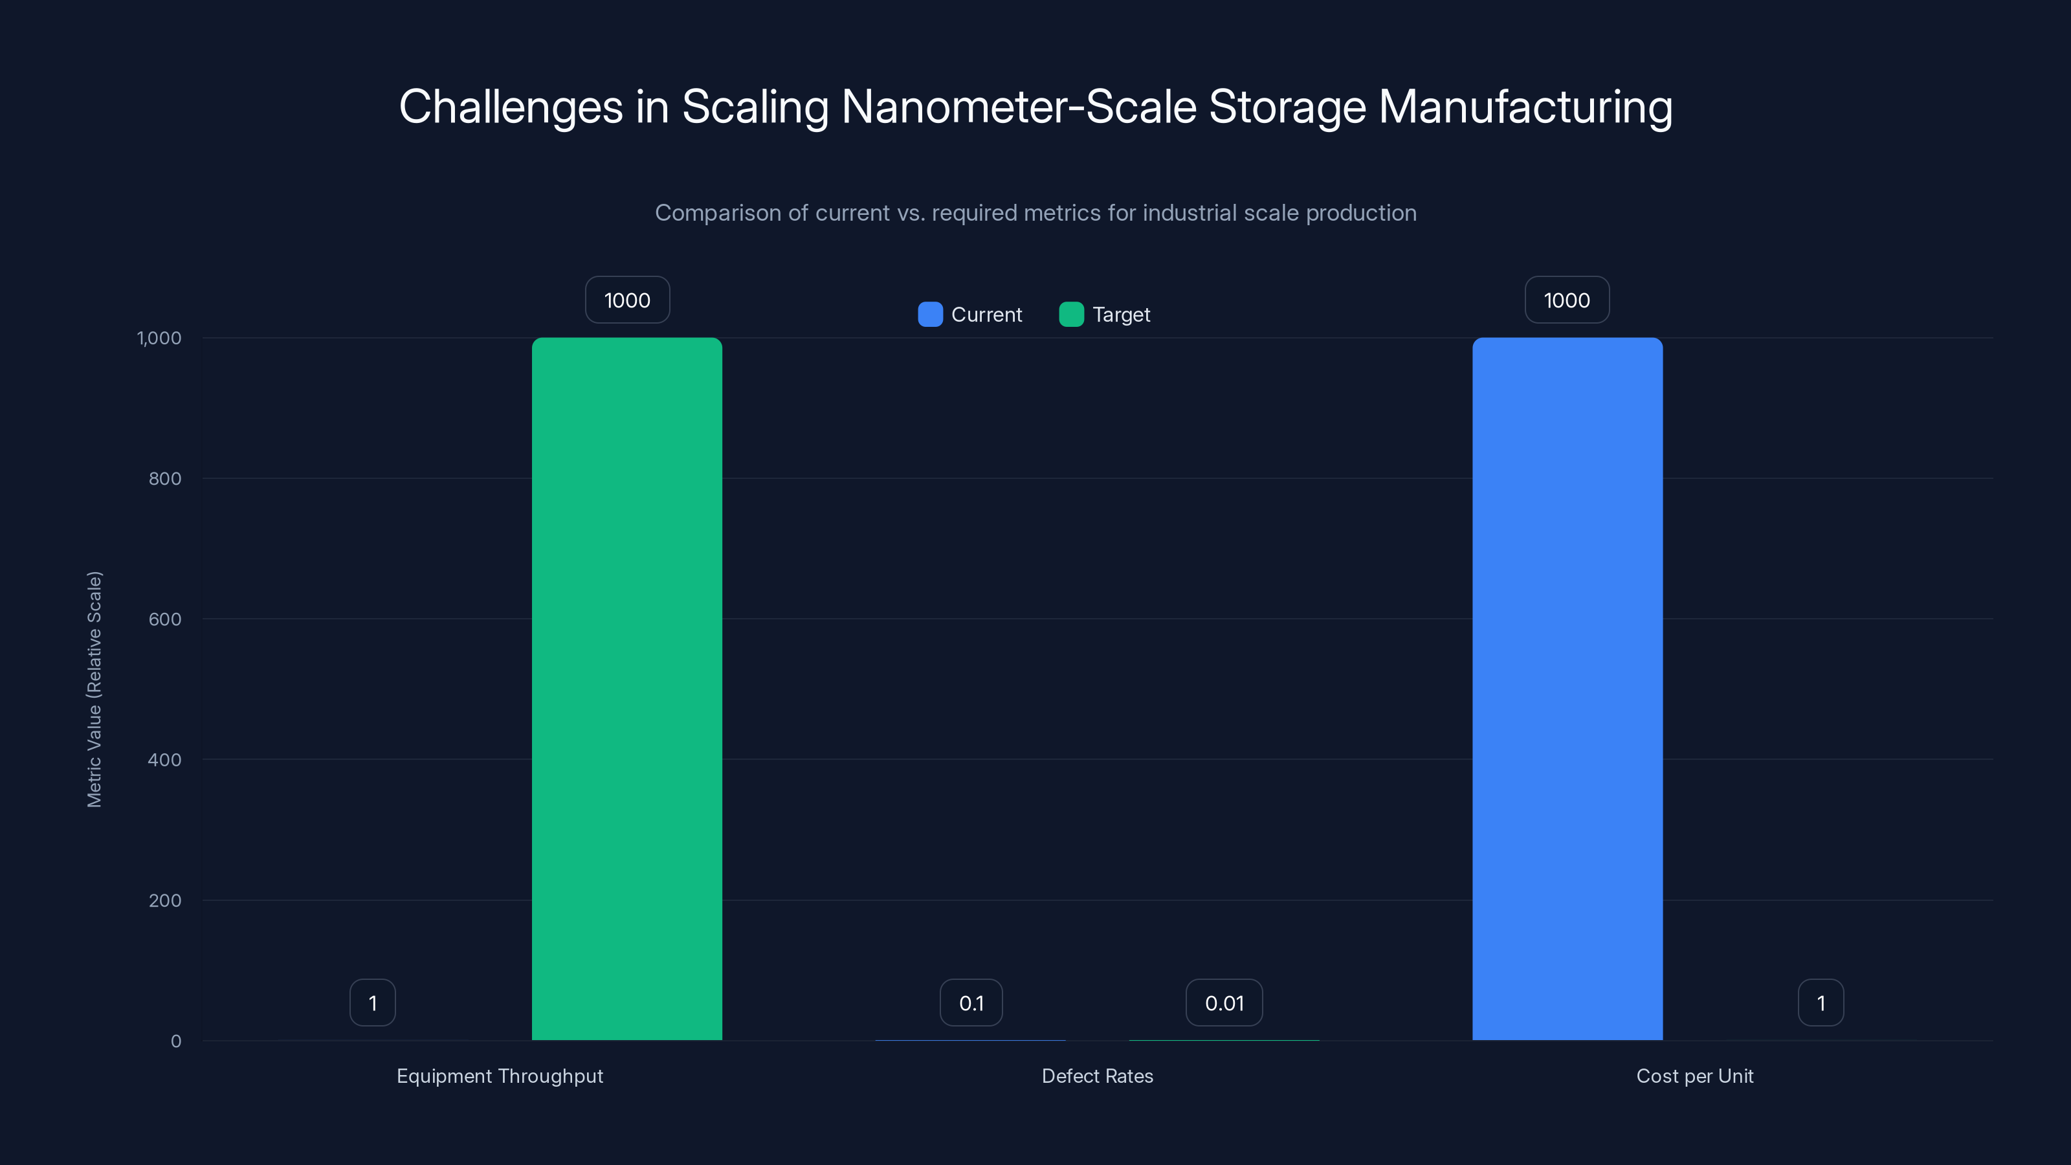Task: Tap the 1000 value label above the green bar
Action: click(627, 300)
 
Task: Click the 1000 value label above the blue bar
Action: click(1567, 300)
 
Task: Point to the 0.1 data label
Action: click(971, 1003)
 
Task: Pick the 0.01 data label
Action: click(1224, 1003)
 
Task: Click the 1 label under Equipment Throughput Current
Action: click(372, 1003)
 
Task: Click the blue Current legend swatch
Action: click(930, 315)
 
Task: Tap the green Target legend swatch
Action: click(1071, 315)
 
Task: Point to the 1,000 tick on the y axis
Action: click(159, 338)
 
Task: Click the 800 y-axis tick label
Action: click(165, 478)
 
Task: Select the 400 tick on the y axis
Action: click(165, 760)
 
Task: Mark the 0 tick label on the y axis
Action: click(176, 1041)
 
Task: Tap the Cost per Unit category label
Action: click(1695, 1076)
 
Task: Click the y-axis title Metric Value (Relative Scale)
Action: click(94, 689)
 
